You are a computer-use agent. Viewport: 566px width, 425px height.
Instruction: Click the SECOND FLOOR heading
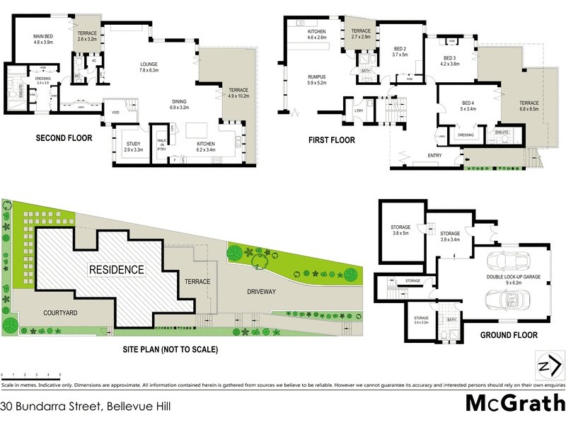coord(64,138)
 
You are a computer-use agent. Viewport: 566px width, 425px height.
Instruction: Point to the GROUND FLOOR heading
coord(509,335)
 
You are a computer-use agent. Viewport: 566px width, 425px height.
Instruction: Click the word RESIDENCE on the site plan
coord(117,270)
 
